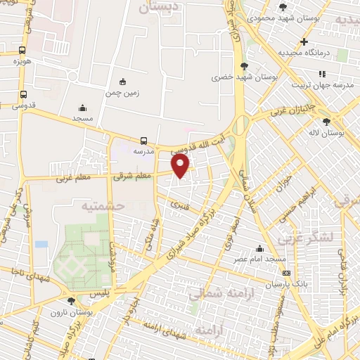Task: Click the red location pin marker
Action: click(181, 165)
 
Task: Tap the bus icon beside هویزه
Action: click(22, 51)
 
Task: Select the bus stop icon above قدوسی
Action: click(23, 94)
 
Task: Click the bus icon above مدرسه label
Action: click(143, 140)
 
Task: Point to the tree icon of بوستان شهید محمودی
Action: click(283, 7)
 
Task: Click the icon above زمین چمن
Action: click(124, 82)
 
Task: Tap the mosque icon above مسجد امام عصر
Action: click(259, 248)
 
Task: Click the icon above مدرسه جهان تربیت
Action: click(322, 74)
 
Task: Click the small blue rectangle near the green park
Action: click(41, 244)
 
